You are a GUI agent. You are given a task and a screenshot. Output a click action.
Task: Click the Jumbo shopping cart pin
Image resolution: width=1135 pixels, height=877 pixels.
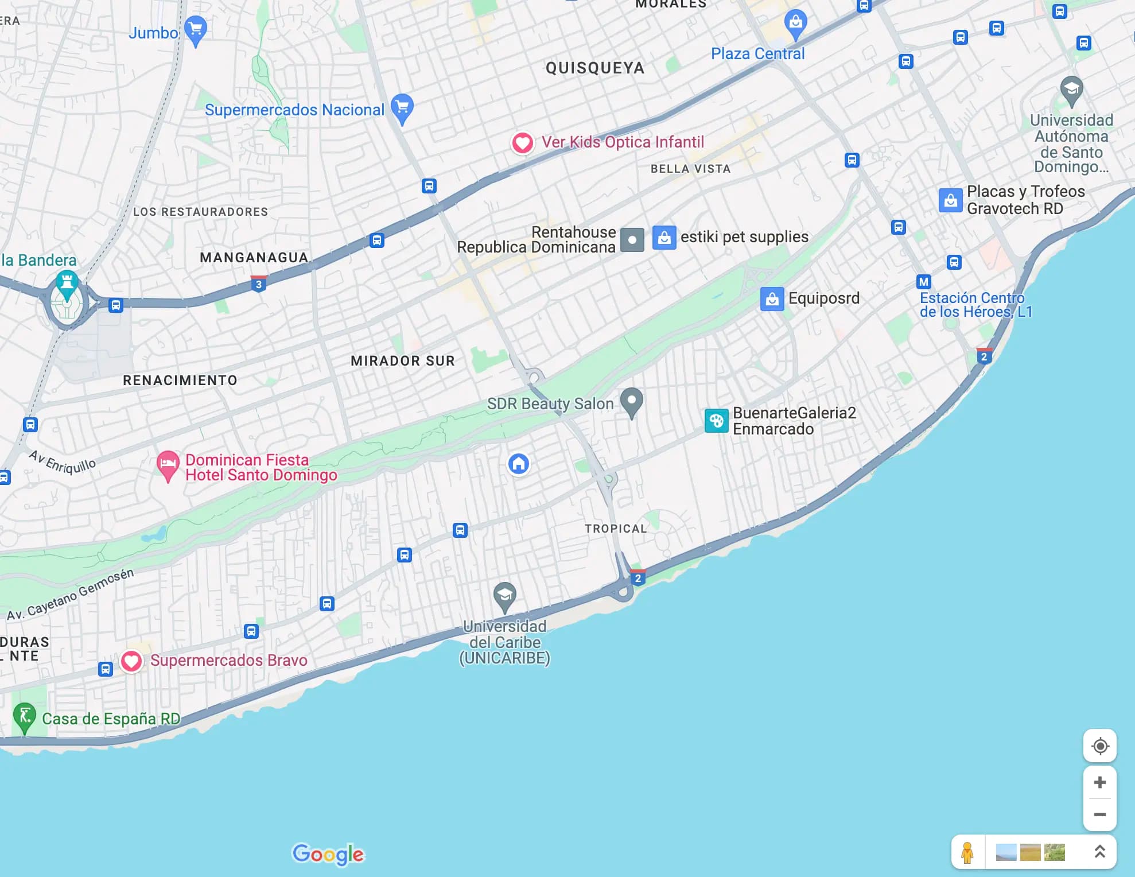(x=195, y=29)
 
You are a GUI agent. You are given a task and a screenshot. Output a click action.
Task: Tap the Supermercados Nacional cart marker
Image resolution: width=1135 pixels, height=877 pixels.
(x=402, y=107)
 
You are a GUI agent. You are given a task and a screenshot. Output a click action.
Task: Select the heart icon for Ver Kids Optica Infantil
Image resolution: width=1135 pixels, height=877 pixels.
(x=522, y=142)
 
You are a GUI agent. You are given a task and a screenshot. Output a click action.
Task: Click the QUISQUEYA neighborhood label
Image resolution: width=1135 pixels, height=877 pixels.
(x=594, y=68)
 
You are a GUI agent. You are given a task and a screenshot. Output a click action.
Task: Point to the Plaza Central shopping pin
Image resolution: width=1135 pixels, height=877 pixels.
(x=795, y=24)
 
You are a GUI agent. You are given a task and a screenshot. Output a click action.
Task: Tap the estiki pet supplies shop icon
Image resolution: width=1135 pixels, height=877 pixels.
(x=664, y=238)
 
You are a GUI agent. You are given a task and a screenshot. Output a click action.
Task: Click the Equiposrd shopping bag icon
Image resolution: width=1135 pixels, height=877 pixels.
(x=772, y=299)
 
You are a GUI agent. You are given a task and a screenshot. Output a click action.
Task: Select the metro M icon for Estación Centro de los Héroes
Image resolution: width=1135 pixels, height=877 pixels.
(x=923, y=282)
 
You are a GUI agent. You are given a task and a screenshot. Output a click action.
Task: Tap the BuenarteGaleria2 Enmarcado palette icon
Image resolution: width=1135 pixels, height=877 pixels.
(x=716, y=421)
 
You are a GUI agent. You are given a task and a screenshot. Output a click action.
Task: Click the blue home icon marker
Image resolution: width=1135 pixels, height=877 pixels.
(x=519, y=464)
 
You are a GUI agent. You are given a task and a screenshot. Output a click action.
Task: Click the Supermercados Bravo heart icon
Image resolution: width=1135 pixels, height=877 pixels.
(x=131, y=661)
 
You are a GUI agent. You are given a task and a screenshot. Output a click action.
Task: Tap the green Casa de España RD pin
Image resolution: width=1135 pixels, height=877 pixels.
(x=25, y=716)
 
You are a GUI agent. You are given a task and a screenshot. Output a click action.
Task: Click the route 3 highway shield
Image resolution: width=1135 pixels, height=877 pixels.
(x=259, y=284)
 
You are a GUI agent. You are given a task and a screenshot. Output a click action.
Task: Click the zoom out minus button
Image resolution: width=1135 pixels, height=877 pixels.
(x=1099, y=814)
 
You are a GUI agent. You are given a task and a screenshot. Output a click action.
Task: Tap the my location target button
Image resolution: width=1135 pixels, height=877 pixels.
(x=1099, y=746)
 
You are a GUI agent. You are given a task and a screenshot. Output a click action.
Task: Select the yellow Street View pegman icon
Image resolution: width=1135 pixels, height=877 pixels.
(x=967, y=852)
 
